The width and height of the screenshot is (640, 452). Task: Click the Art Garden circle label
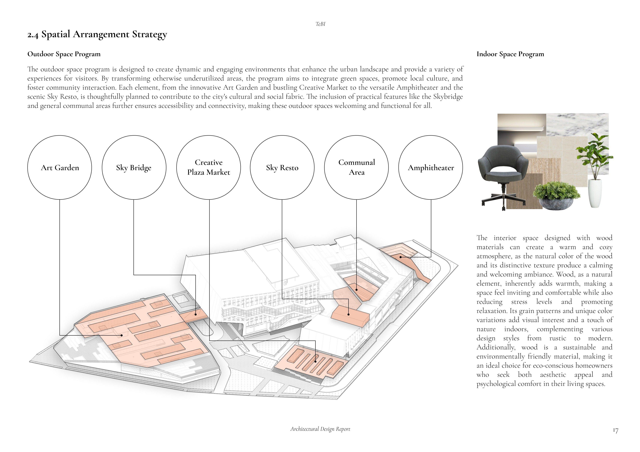tap(60, 168)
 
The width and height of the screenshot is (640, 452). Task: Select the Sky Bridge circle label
tap(134, 168)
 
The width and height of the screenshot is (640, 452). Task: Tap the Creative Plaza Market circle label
tap(208, 168)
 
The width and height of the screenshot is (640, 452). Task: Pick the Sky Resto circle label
tap(282, 168)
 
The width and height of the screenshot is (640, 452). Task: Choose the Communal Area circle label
tap(356, 168)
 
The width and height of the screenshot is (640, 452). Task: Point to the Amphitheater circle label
tap(431, 168)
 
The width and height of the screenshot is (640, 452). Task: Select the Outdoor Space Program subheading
tap(64, 54)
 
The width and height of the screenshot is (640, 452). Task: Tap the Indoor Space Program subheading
tap(510, 54)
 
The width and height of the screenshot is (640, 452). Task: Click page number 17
tap(615, 431)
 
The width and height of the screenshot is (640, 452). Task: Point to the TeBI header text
tap(320, 24)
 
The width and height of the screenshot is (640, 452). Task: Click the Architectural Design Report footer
tap(320, 429)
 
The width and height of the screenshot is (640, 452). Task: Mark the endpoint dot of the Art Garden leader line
tap(122, 335)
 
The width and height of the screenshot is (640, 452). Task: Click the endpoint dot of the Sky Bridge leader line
tap(196, 314)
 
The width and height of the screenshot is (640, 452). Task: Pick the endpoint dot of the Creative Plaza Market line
tap(316, 361)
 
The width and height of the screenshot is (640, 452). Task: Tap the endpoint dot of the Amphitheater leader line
tap(401, 257)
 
